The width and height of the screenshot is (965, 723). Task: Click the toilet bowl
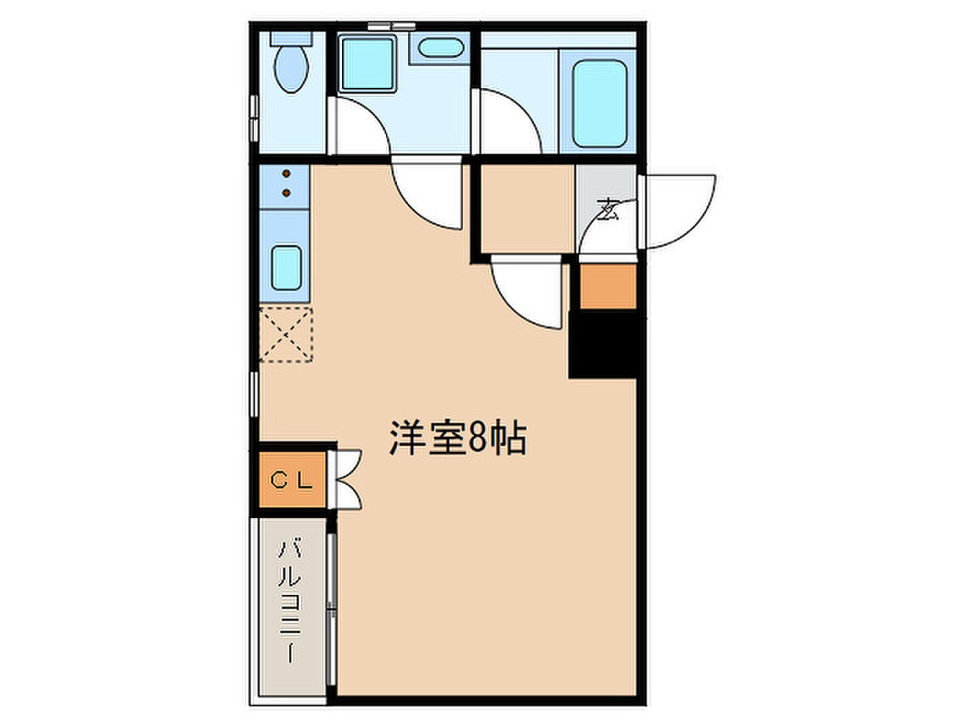click(291, 69)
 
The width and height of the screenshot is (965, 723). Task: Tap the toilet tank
click(291, 38)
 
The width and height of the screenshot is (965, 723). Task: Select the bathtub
click(600, 103)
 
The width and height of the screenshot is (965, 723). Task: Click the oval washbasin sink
click(440, 48)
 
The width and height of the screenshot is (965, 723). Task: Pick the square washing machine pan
click(367, 64)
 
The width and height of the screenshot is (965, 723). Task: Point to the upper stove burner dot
click(287, 174)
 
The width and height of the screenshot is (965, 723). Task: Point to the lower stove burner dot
click(287, 193)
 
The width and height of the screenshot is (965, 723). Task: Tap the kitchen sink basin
click(286, 268)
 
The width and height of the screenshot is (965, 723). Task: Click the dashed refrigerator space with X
click(286, 335)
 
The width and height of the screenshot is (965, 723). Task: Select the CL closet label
click(292, 480)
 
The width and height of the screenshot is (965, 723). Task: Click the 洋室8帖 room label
click(458, 439)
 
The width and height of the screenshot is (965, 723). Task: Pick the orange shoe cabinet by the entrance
click(609, 286)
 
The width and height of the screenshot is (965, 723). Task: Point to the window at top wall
click(392, 26)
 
